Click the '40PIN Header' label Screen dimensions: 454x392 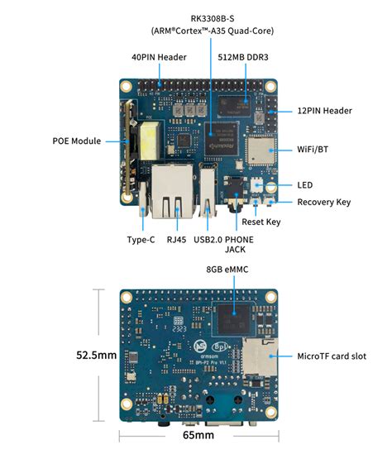(159, 58)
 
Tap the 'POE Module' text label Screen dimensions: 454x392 (76, 141)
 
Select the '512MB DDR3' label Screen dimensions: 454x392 (241, 58)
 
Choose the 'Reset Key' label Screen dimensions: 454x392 (261, 222)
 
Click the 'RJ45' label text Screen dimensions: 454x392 (176, 240)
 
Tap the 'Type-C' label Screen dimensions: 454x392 (141, 240)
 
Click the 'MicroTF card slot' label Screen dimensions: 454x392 (332, 356)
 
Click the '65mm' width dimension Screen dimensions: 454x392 (198, 435)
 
